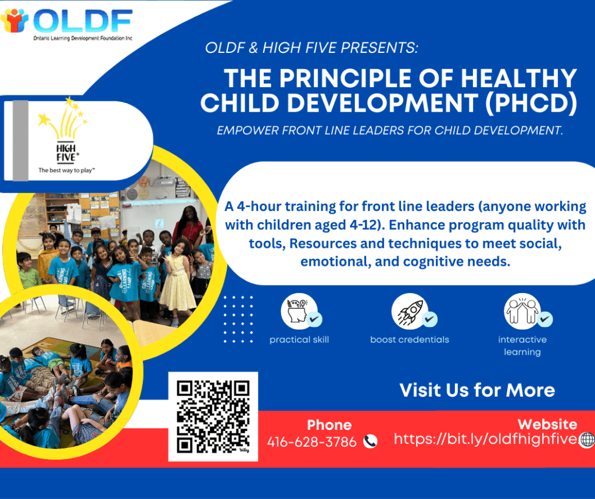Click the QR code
pos(213,416)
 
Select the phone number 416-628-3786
pos(311,441)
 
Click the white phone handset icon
pos(370,441)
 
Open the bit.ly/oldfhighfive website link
pos(486,439)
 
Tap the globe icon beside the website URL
pos(587,440)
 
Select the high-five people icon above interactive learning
pos(522,311)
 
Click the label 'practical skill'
pos(299,340)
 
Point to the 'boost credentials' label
pos(410,340)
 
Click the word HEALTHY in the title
pos(519,79)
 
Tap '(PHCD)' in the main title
pos(531,104)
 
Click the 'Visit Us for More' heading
pos(477,390)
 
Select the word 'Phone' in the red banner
pos(329,425)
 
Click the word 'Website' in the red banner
pos(547,424)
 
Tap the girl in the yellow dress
pos(177,281)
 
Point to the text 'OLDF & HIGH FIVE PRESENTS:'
pos(311,48)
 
